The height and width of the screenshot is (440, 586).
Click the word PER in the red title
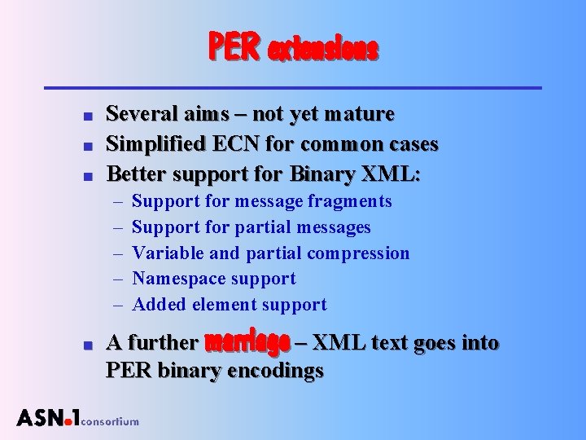[x=235, y=47]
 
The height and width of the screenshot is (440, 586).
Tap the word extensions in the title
[x=323, y=51]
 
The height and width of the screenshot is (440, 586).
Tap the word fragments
[x=352, y=201]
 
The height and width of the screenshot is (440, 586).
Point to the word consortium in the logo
[x=111, y=421]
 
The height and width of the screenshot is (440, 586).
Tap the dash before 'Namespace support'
[x=116, y=279]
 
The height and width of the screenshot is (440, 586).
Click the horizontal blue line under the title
[x=292, y=86]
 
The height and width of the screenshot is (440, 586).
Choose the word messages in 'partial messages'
[x=334, y=227]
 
